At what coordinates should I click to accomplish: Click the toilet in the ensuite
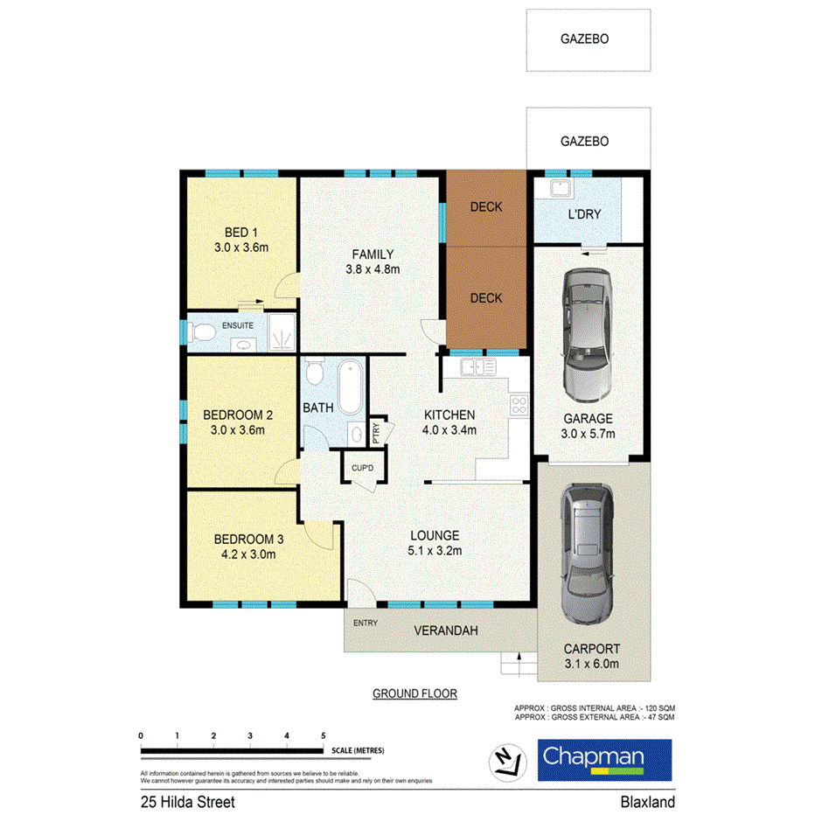[202, 331]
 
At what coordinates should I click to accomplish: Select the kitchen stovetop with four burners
[519, 404]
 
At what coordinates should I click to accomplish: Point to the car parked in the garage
[588, 331]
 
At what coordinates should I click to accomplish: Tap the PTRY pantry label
[376, 433]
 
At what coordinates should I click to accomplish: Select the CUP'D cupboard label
[363, 469]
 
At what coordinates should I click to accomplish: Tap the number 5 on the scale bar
[324, 735]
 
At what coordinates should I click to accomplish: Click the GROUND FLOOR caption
[415, 693]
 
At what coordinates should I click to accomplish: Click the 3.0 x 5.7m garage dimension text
[588, 434]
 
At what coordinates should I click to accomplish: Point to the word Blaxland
[647, 801]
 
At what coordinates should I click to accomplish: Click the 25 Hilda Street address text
[187, 801]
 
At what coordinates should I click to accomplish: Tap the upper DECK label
[486, 207]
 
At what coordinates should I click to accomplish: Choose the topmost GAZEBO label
[584, 38]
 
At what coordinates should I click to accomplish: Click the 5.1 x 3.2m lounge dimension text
[435, 551]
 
